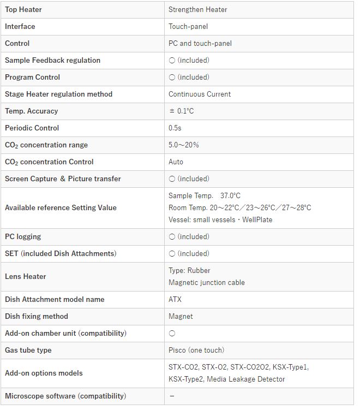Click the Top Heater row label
click(x=23, y=9)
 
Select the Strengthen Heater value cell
click(x=198, y=9)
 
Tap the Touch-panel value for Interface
click(x=188, y=26)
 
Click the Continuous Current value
click(x=200, y=94)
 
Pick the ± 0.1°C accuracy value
click(x=182, y=111)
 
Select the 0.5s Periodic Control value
click(x=175, y=128)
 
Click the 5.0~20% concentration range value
click(x=184, y=145)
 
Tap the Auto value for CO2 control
click(x=176, y=162)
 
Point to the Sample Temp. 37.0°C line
click(x=205, y=195)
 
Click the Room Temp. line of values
click(x=240, y=207)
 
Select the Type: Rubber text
click(x=189, y=270)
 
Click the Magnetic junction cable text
click(x=207, y=282)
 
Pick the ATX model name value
click(x=175, y=299)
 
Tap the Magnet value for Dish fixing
click(x=181, y=316)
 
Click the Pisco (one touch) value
click(x=196, y=350)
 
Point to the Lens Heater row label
click(x=26, y=276)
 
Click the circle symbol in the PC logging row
click(x=172, y=236)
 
